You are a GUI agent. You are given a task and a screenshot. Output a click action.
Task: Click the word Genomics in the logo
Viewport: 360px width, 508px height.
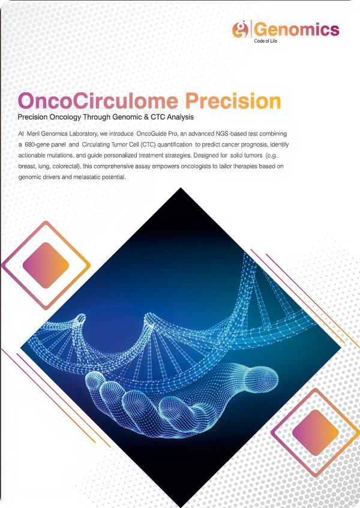pos(297,30)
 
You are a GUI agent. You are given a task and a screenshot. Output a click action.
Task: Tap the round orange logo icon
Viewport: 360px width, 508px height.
pos(240,29)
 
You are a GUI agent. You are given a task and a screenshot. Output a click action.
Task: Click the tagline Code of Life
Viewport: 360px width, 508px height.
pos(265,41)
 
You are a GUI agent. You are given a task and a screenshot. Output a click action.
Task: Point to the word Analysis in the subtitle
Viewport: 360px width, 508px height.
pos(180,118)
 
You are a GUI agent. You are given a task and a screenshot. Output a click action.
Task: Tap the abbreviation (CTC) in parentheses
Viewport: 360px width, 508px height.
pos(148,145)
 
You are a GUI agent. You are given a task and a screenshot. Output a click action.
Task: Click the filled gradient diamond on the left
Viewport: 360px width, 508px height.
pos(46,265)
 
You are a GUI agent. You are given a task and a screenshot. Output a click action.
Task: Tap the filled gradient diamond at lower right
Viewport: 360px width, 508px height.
pos(316,432)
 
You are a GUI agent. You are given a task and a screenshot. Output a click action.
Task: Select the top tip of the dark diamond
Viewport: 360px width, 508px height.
pos(181,188)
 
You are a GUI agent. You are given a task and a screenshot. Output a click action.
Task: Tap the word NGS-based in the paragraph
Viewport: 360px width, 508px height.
pos(232,134)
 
